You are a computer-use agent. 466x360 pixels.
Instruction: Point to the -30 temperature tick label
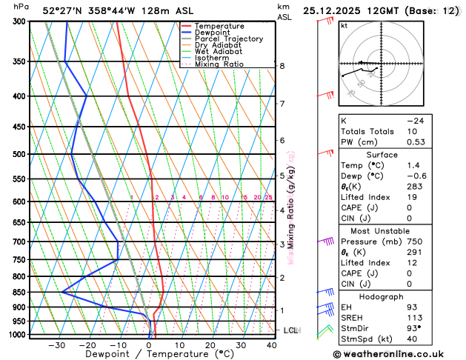pyautogui.click(x=56, y=344)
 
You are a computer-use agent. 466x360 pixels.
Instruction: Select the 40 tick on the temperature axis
pyautogui.click(x=272, y=344)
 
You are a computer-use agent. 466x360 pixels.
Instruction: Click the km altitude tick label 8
pyautogui.click(x=282, y=66)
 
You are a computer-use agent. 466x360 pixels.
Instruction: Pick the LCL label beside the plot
pyautogui.click(x=290, y=330)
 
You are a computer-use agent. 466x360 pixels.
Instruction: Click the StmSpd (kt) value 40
pyautogui.click(x=410, y=340)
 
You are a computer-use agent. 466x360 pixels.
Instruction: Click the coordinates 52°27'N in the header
pyautogui.click(x=67, y=10)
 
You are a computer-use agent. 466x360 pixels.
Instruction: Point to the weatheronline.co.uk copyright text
pyautogui.click(x=396, y=354)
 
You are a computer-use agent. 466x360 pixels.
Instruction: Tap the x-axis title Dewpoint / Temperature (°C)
pyautogui.click(x=150, y=355)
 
